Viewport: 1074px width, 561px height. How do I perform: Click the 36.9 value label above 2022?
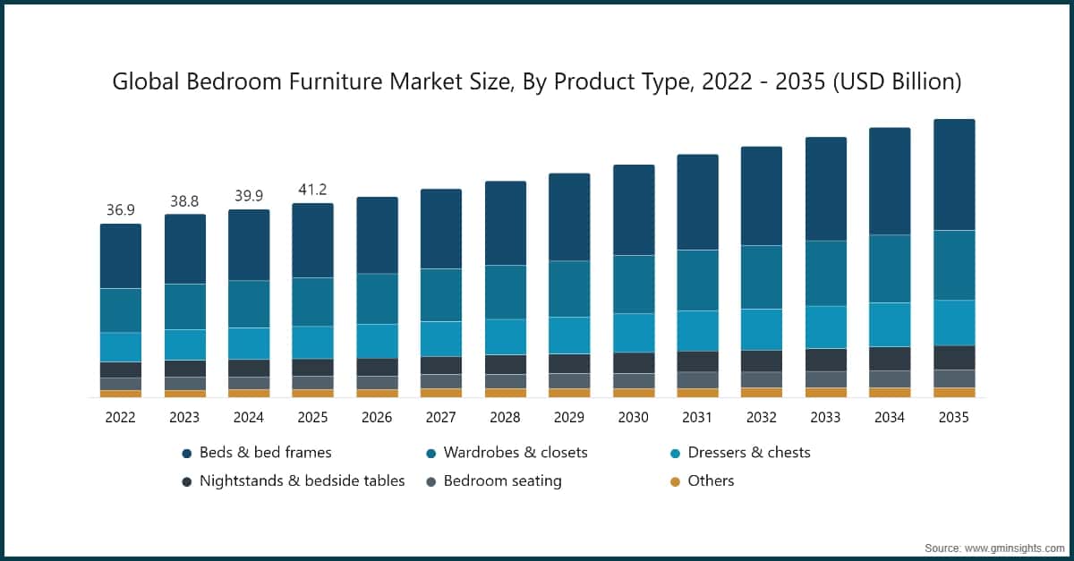(120, 210)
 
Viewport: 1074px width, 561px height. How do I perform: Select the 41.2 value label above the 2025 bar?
(312, 190)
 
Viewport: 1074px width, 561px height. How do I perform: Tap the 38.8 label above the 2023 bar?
(184, 201)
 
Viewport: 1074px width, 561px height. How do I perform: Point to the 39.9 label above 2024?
(248, 196)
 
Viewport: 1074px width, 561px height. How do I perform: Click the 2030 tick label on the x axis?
(633, 417)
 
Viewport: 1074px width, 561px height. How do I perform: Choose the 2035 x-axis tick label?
(953, 417)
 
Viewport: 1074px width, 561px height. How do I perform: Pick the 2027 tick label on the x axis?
(440, 417)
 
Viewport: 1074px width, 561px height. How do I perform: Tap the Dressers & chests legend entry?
(748, 453)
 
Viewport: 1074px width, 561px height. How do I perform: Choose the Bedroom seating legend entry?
(502, 480)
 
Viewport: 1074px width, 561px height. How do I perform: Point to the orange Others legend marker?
(676, 481)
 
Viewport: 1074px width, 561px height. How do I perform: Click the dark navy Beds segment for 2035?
(953, 174)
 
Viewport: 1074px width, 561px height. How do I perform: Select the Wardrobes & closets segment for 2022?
(120, 310)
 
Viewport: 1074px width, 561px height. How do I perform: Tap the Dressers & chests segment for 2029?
(568, 336)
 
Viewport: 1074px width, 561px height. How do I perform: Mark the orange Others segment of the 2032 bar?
(761, 392)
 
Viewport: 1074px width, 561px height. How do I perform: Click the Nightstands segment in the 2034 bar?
(890, 359)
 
